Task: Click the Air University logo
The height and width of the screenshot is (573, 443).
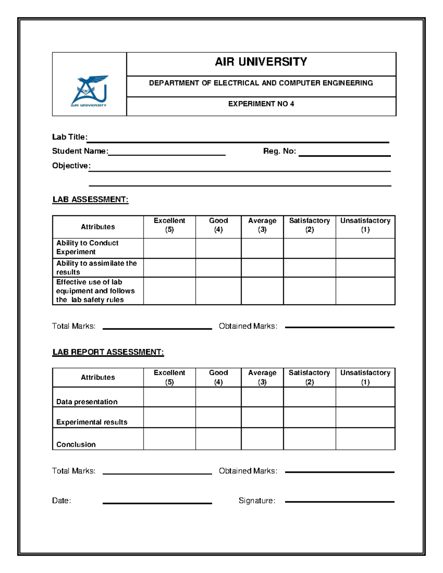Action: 89,91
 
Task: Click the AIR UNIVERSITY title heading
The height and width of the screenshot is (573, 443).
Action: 261,62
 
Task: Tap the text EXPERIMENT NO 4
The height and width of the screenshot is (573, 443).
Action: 261,104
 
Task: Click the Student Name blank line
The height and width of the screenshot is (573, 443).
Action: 166,154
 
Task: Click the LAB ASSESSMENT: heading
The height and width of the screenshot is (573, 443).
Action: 90,200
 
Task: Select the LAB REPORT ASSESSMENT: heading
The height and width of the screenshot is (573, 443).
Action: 108,352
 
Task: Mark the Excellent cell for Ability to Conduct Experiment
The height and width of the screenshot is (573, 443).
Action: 169,248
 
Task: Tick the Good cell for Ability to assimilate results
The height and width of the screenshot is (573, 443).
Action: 218,267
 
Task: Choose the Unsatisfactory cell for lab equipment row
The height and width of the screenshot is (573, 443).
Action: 365,291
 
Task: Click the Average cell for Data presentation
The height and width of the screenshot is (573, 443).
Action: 262,397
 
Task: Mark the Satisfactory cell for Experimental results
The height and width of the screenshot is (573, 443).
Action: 309,417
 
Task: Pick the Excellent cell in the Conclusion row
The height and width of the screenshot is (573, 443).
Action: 169,439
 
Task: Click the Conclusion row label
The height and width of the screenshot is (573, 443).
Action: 76,444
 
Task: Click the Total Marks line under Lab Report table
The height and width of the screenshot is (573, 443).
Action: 157,473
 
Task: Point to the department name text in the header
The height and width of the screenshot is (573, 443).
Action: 261,83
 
